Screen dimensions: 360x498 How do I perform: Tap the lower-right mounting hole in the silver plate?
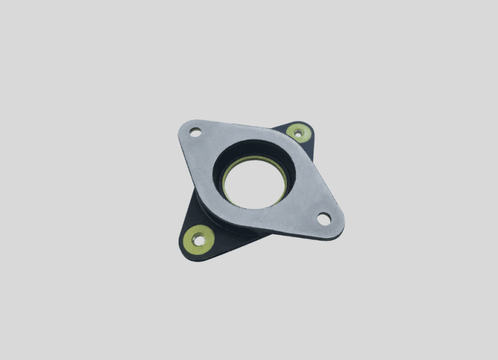[x=324, y=219]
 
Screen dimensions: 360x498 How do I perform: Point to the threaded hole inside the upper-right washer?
[x=297, y=133]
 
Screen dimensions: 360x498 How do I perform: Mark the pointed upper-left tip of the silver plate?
[x=182, y=127]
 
